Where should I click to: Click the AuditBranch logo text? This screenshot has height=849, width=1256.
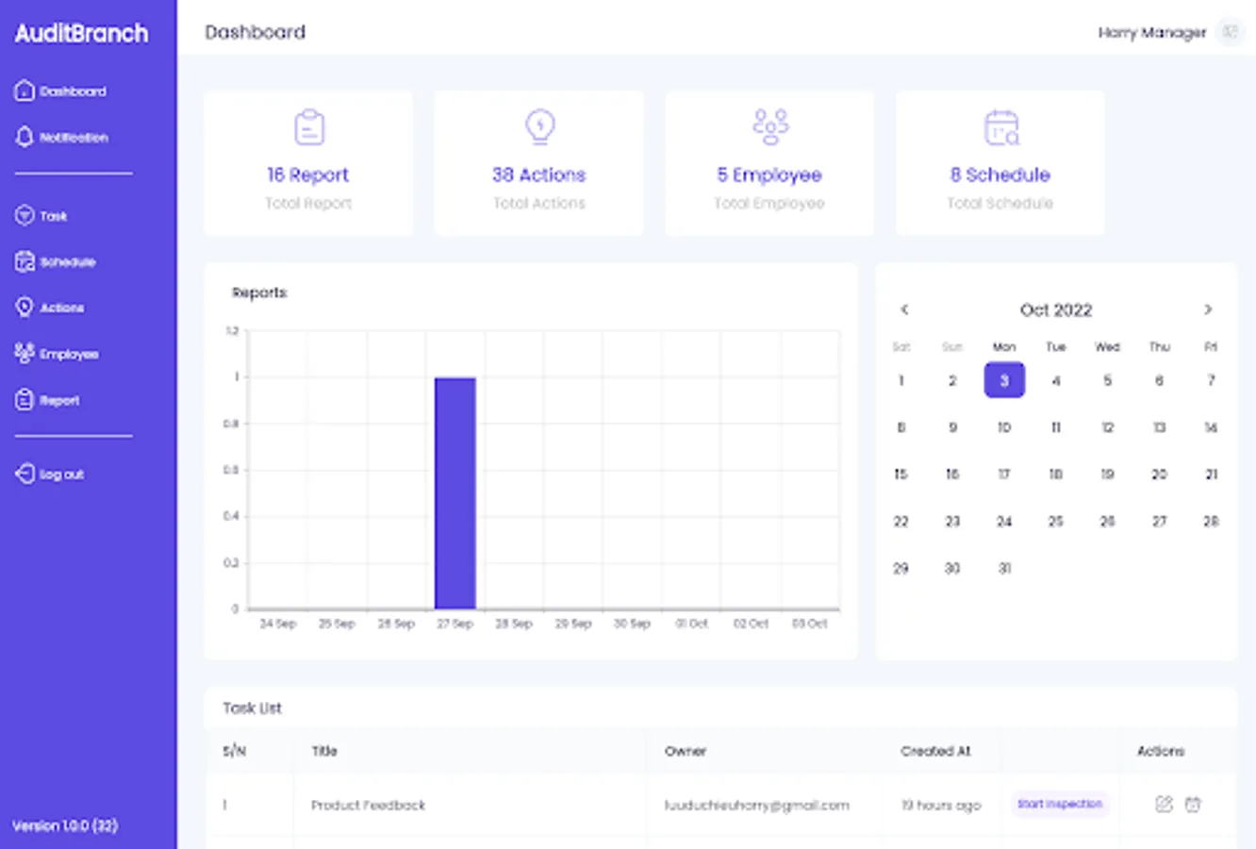(x=81, y=34)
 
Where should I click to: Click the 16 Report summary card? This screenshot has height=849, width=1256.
(x=308, y=163)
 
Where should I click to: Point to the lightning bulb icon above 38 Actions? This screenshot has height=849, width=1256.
(x=540, y=126)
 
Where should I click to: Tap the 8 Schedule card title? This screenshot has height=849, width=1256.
(x=1000, y=175)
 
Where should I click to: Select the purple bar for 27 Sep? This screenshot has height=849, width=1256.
(x=454, y=492)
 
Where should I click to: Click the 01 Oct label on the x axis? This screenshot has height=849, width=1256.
(x=691, y=624)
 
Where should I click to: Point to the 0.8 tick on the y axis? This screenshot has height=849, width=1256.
(x=231, y=424)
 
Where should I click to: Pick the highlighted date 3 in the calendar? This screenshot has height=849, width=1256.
(x=1004, y=380)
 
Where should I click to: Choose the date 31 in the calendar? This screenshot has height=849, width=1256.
(x=1004, y=568)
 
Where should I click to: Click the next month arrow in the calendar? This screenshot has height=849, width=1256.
(x=1208, y=309)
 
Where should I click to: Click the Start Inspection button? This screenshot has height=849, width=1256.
(x=1059, y=805)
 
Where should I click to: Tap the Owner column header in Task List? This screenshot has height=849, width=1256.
(x=686, y=751)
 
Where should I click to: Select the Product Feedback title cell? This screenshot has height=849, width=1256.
(x=368, y=805)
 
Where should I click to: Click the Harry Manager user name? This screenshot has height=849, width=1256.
(x=1151, y=33)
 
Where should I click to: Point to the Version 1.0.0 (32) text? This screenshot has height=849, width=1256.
(x=65, y=825)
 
